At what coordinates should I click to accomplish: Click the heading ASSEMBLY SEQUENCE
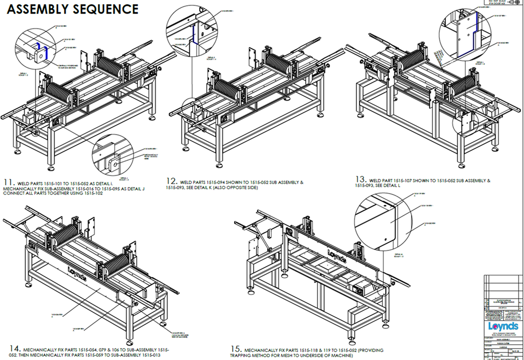coord(72,9)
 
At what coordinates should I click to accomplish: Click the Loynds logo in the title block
coord(504,326)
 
